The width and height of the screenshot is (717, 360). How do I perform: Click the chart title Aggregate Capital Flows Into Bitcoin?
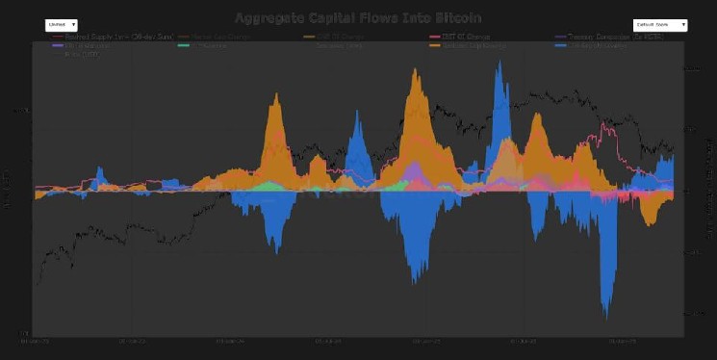tap(358, 17)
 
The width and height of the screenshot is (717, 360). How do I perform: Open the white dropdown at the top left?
tap(62, 25)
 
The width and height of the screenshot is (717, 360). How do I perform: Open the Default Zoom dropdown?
tap(659, 25)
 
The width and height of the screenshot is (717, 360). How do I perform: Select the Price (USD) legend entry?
tap(81, 54)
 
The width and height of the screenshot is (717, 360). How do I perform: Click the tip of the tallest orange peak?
tap(418, 70)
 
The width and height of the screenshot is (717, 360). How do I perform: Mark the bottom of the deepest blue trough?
tap(606, 316)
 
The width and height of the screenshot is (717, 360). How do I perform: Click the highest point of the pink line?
tap(604, 124)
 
